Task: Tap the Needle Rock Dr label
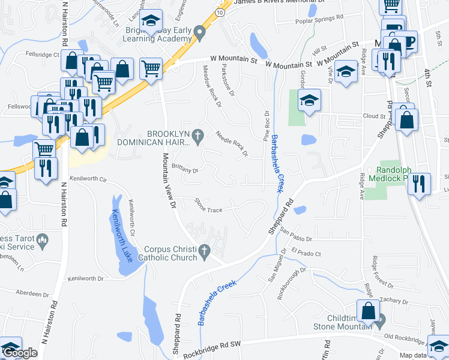click(x=232, y=143)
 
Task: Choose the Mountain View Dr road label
click(x=167, y=180)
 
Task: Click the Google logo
click(x=20, y=353)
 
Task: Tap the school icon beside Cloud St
click(x=310, y=101)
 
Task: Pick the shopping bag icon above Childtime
click(x=369, y=311)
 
